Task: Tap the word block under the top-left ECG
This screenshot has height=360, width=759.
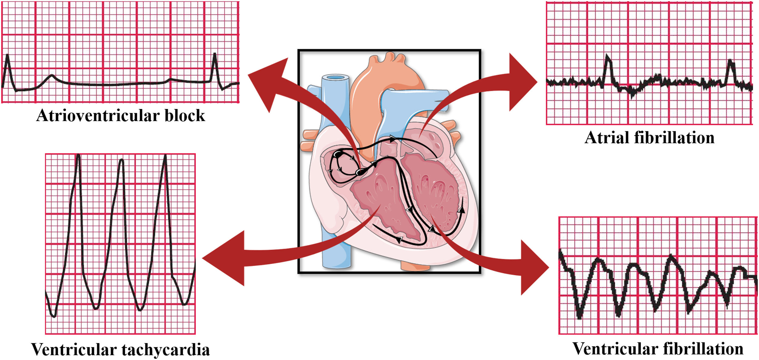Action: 185,116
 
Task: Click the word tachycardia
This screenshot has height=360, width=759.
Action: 166,350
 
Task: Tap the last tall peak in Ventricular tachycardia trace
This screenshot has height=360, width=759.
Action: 165,156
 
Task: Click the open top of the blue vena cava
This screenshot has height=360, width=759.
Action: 336,78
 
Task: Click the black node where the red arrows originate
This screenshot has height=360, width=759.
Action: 360,172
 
